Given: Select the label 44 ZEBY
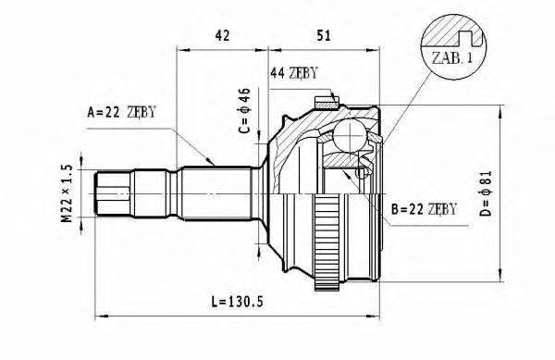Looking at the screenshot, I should (x=295, y=72).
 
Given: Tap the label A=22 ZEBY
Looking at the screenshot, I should (x=121, y=112).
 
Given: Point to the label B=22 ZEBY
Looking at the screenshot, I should (x=423, y=209).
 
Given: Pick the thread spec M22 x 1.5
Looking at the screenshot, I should (x=66, y=193).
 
